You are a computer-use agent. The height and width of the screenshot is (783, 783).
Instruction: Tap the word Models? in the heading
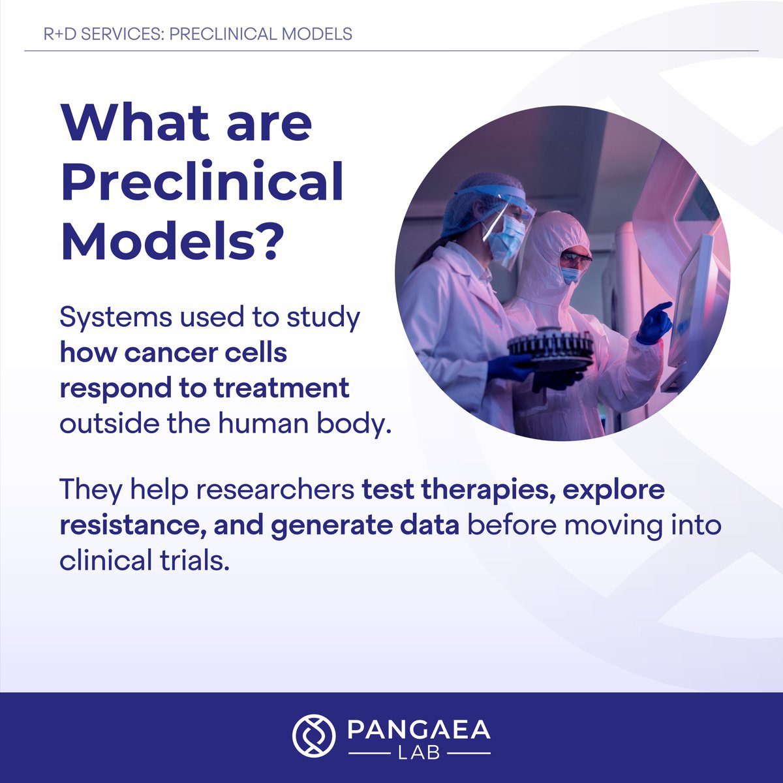pyautogui.click(x=173, y=241)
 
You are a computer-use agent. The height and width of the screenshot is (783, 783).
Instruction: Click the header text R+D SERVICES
pyautogui.click(x=102, y=34)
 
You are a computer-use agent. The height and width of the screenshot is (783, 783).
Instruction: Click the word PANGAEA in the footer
pyautogui.click(x=419, y=729)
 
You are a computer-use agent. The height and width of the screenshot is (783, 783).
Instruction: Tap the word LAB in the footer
pyautogui.click(x=419, y=753)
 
